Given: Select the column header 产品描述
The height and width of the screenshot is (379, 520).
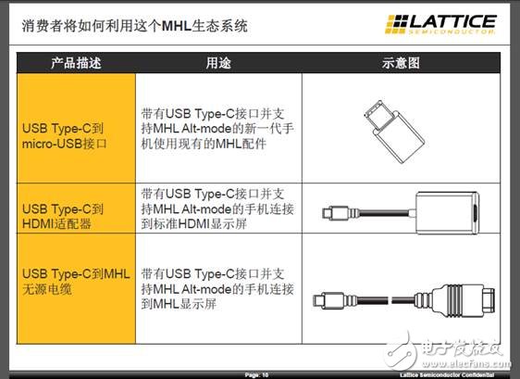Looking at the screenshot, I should (74, 63).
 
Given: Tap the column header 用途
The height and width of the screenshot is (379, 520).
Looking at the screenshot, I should (216, 63).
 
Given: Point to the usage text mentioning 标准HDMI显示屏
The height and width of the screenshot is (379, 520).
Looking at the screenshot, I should (216, 208).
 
